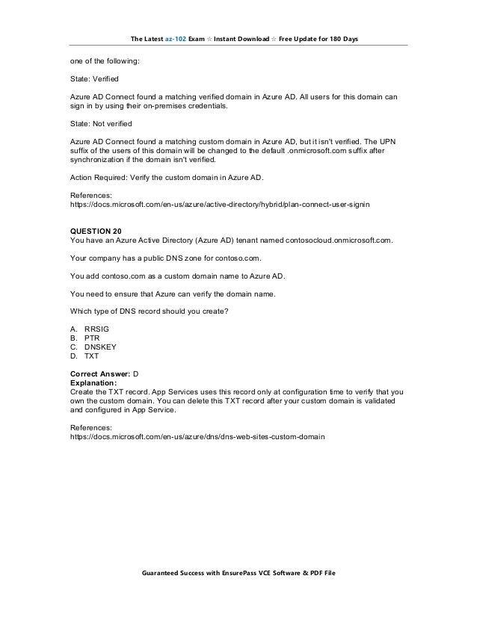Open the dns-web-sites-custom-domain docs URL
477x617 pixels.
pyautogui.click(x=197, y=435)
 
